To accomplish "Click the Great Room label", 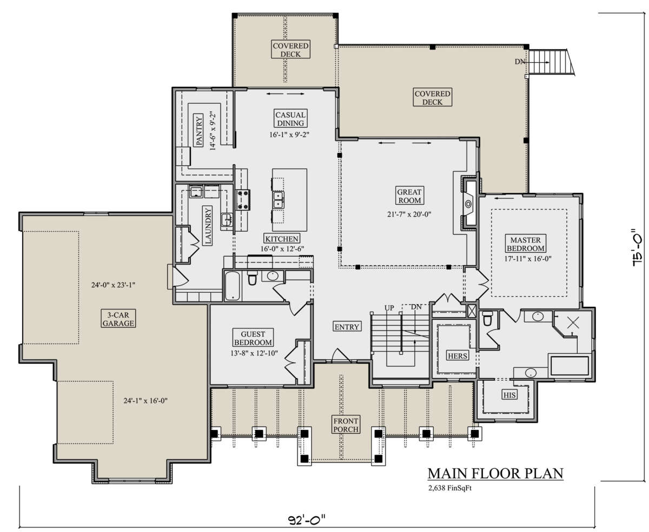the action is [x=409, y=196].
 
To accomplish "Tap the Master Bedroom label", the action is [x=525, y=244].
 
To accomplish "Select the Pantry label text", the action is [x=198, y=130].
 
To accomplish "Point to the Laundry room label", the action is [x=208, y=226].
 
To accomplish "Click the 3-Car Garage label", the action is [x=118, y=319].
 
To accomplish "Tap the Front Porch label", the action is [x=346, y=425].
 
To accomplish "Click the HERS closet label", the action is [x=458, y=355].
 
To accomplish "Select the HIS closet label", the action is [x=509, y=395].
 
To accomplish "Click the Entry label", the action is [x=347, y=327].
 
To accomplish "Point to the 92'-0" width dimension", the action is [x=307, y=520].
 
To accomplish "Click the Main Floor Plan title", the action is [x=495, y=473].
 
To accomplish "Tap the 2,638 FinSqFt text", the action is [x=450, y=488].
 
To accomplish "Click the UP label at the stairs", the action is [x=389, y=308].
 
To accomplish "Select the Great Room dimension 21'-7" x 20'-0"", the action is [x=409, y=214].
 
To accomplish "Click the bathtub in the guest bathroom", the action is [x=233, y=286].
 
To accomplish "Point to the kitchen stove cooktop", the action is [x=242, y=200].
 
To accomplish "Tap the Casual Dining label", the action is [x=290, y=119].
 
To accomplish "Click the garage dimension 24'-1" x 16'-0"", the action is [x=145, y=400].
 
